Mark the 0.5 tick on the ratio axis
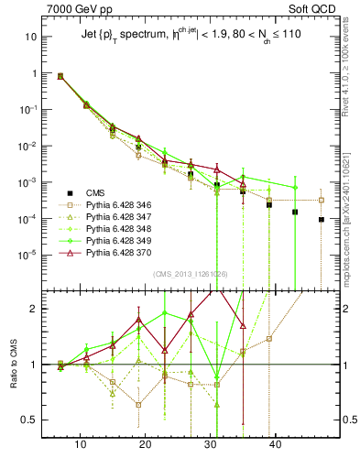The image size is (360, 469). pyautogui.click(x=29, y=420)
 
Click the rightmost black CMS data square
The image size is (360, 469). pyautogui.click(x=322, y=220)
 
